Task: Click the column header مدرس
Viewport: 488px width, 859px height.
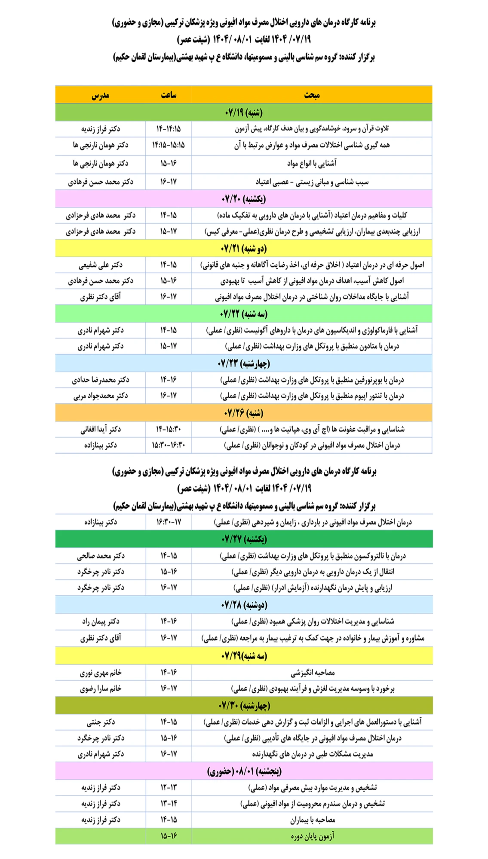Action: click(x=100, y=95)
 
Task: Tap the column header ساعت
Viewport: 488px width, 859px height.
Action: click(x=169, y=95)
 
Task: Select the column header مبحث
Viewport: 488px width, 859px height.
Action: click(x=312, y=95)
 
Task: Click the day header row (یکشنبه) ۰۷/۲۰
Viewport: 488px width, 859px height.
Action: click(x=243, y=199)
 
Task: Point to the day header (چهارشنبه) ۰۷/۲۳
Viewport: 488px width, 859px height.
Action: click(x=243, y=363)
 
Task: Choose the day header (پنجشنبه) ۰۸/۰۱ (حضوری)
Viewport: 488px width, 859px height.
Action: click(x=244, y=771)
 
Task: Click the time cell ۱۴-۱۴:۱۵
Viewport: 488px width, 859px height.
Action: click(x=169, y=129)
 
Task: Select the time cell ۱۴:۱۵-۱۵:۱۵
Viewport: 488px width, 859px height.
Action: click(x=169, y=145)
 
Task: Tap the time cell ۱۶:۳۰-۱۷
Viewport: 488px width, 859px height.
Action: click(x=169, y=522)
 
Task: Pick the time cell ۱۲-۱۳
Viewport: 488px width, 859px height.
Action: click(x=169, y=787)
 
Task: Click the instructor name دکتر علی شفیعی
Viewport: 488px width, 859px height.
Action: click(x=100, y=265)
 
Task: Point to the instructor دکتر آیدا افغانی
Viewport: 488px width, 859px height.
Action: click(x=100, y=429)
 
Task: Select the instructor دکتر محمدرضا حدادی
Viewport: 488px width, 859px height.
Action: click(x=100, y=380)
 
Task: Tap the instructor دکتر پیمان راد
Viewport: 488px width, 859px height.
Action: click(x=100, y=621)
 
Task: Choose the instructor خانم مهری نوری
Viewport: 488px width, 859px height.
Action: click(x=100, y=673)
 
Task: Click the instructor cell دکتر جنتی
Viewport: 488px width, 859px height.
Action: click(x=100, y=722)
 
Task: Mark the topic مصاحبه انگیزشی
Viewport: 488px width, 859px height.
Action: click(x=312, y=673)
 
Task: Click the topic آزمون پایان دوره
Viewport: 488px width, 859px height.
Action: click(x=312, y=836)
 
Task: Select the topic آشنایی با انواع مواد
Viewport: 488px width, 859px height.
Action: click(x=312, y=163)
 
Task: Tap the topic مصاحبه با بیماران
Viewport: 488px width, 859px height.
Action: click(x=312, y=820)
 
